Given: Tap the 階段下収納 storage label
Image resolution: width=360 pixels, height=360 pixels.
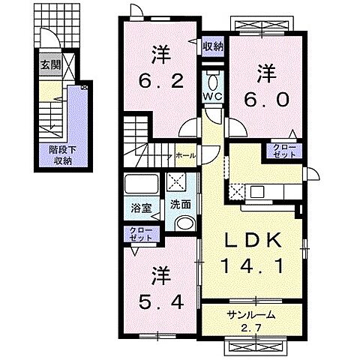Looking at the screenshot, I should tap(61, 154).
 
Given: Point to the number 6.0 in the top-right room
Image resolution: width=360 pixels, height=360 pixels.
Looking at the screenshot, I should tap(265, 88).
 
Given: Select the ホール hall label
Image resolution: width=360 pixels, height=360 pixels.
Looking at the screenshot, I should tap(185, 155).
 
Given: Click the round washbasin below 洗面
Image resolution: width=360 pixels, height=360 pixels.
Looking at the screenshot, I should tap(181, 223).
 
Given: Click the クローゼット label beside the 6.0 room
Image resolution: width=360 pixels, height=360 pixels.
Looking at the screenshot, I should tap(283, 151).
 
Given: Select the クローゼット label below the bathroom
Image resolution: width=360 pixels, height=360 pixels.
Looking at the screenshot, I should tap(139, 232).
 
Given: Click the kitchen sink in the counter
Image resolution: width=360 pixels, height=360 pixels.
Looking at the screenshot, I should tap(257, 191).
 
